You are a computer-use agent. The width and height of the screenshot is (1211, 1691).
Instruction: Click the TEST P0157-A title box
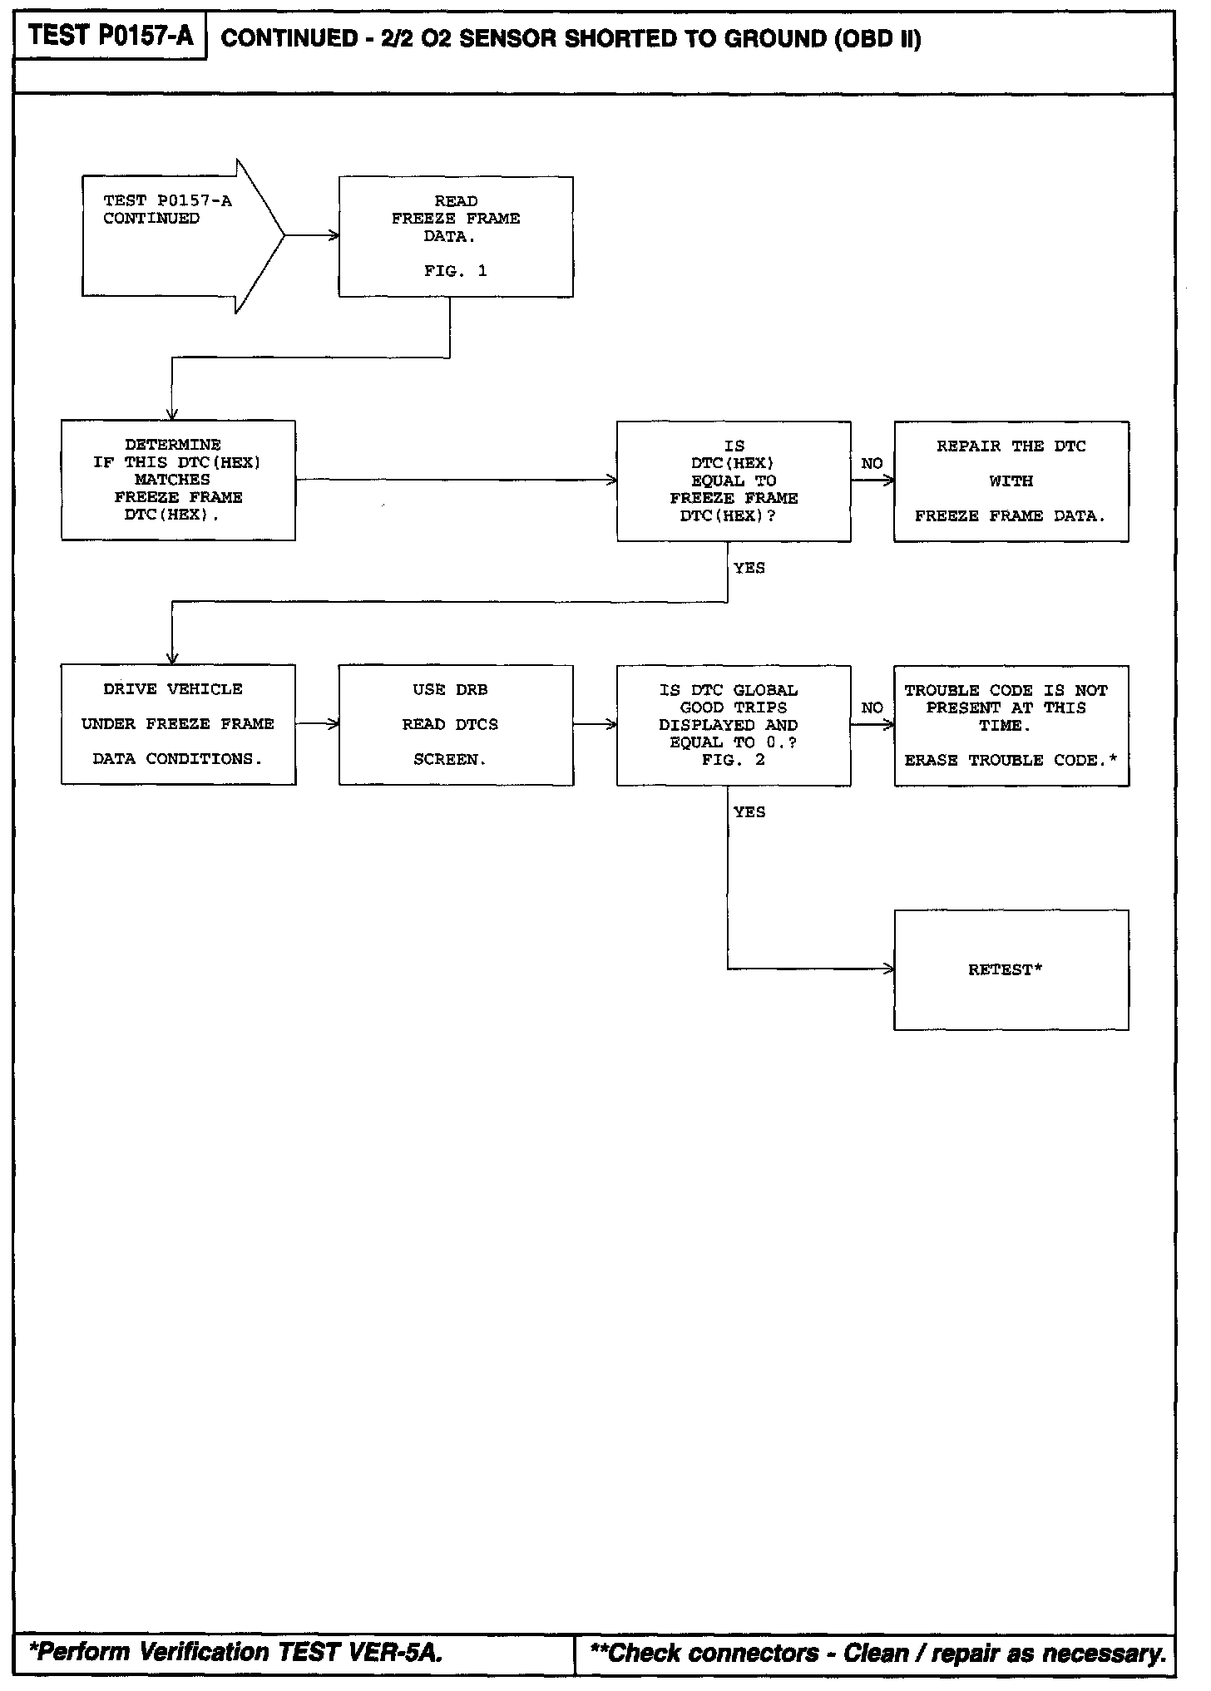pyautogui.click(x=110, y=36)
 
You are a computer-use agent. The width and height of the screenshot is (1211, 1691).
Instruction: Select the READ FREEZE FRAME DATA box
pyautogui.click(x=455, y=236)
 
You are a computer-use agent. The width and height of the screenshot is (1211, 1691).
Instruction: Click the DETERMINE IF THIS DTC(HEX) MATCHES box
pyautogui.click(x=178, y=480)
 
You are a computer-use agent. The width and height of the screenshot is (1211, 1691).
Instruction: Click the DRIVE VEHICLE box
pyautogui.click(x=178, y=724)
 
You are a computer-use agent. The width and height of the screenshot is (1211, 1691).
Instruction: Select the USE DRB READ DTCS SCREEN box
pyautogui.click(x=455, y=725)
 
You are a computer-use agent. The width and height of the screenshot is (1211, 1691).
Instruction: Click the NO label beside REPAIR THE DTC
pyautogui.click(x=872, y=464)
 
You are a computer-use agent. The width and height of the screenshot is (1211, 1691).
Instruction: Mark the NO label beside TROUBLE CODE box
pyautogui.click(x=872, y=708)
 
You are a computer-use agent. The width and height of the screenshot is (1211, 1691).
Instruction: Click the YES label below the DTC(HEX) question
pyautogui.click(x=749, y=569)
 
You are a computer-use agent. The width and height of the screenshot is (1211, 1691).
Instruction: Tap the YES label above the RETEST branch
pyautogui.click(x=749, y=812)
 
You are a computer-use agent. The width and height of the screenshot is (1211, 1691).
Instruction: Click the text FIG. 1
pyautogui.click(x=455, y=271)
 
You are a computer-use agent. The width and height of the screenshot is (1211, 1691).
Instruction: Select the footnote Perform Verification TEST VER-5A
pyautogui.click(x=236, y=1651)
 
